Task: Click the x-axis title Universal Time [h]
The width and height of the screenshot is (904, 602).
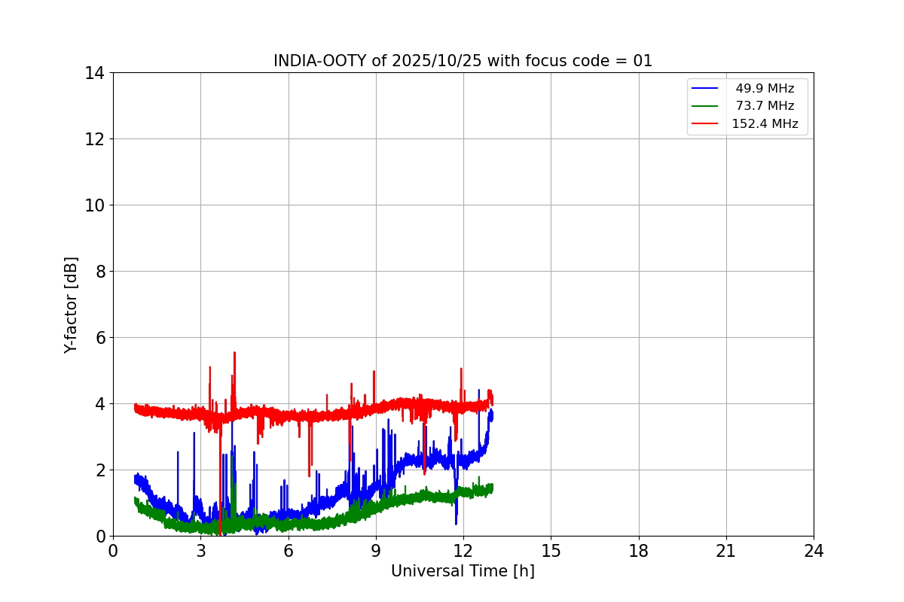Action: [463, 571]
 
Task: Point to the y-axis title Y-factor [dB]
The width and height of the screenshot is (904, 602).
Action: [71, 305]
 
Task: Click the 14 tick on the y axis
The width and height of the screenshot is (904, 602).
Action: [95, 73]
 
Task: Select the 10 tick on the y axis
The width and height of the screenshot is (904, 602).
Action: [95, 205]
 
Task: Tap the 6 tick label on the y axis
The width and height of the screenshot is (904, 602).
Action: [99, 338]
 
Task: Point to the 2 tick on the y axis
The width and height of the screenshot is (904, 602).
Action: [99, 470]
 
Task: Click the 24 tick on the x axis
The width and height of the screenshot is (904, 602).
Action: [814, 551]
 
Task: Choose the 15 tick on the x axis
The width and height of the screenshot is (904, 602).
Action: [551, 551]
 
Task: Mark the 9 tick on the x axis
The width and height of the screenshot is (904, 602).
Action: [376, 551]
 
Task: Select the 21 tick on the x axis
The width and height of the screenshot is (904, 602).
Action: [726, 551]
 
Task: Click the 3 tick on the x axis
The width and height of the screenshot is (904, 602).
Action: [200, 551]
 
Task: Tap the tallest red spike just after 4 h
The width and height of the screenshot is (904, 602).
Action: [234, 353]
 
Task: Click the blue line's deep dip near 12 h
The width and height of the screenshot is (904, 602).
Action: [456, 522]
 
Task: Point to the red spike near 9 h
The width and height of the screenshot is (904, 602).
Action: [374, 371]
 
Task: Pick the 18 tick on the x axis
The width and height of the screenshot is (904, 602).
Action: [639, 551]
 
